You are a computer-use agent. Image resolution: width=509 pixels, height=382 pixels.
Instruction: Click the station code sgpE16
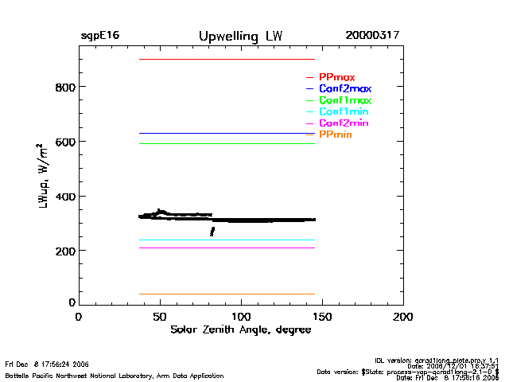tap(99, 36)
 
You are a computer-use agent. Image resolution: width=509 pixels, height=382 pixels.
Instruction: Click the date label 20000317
tap(372, 36)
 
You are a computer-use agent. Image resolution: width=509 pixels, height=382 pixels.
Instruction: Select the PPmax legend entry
tap(336, 77)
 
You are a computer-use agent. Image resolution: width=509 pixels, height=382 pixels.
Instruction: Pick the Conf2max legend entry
tap(344, 89)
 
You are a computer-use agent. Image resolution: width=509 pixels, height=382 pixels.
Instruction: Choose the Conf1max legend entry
tap(344, 101)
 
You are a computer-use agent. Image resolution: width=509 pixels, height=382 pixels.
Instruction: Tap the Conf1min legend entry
tap(344, 112)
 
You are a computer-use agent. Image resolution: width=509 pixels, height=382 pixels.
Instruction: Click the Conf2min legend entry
tap(344, 124)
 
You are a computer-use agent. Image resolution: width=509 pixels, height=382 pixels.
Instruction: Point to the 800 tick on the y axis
tap(64, 87)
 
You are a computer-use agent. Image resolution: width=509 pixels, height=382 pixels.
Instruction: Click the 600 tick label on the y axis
tap(64, 142)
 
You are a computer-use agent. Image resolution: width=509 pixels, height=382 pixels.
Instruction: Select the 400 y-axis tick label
tap(64, 197)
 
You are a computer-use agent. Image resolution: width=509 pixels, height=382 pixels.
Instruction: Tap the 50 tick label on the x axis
tap(160, 317)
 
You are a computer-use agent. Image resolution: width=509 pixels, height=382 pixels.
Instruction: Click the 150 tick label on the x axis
tap(322, 317)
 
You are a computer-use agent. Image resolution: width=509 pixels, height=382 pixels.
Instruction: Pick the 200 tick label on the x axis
tap(403, 317)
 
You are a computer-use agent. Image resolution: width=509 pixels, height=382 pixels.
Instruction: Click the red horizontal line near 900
tap(227, 59)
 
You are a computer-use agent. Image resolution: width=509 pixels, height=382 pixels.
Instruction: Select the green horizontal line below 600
tap(227, 143)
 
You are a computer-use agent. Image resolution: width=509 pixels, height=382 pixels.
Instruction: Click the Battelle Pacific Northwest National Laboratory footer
tap(114, 374)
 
